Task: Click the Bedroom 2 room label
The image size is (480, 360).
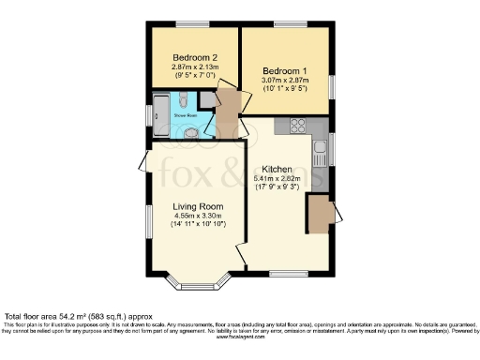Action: (194, 57)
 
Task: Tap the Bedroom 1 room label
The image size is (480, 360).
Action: (285, 71)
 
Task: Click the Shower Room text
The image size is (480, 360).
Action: (184, 115)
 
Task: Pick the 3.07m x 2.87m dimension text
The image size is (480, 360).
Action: (285, 83)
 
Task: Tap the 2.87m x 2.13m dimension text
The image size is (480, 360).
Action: (194, 68)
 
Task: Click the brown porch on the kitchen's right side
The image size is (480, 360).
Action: (320, 213)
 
